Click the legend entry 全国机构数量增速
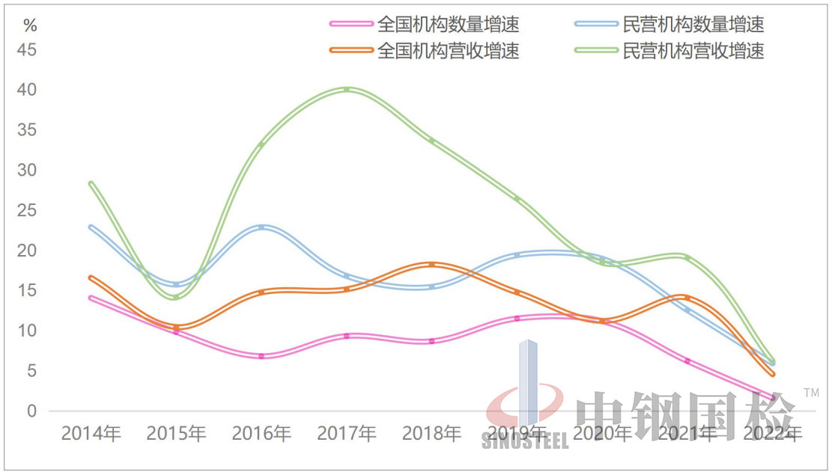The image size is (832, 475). tap(448, 25)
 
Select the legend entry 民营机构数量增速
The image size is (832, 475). tap(693, 25)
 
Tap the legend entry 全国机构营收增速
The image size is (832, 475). tap(448, 51)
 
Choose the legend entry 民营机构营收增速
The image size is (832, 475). tap(693, 51)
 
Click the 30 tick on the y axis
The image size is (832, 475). tap(27, 171)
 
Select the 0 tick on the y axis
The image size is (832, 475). tap(31, 411)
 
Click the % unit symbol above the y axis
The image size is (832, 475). tap(30, 25)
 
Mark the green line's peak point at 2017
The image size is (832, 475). tap(347, 90)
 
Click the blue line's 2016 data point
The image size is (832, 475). tap(261, 227)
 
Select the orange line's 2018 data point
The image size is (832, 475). tap(431, 265)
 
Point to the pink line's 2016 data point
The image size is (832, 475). tap(261, 356)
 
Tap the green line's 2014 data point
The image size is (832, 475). tap(91, 183)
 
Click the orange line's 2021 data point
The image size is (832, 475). tap(687, 298)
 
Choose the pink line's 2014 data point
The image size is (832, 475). tap(91, 298)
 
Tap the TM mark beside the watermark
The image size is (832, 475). tap(811, 392)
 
